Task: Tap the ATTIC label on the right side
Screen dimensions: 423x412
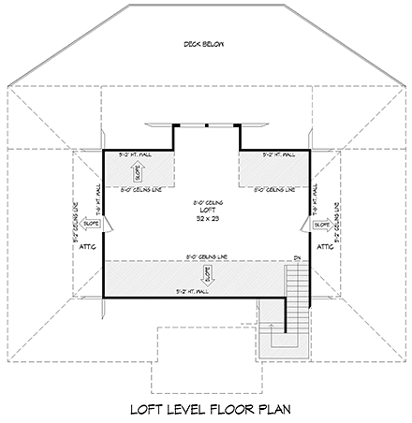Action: pos(326,247)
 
